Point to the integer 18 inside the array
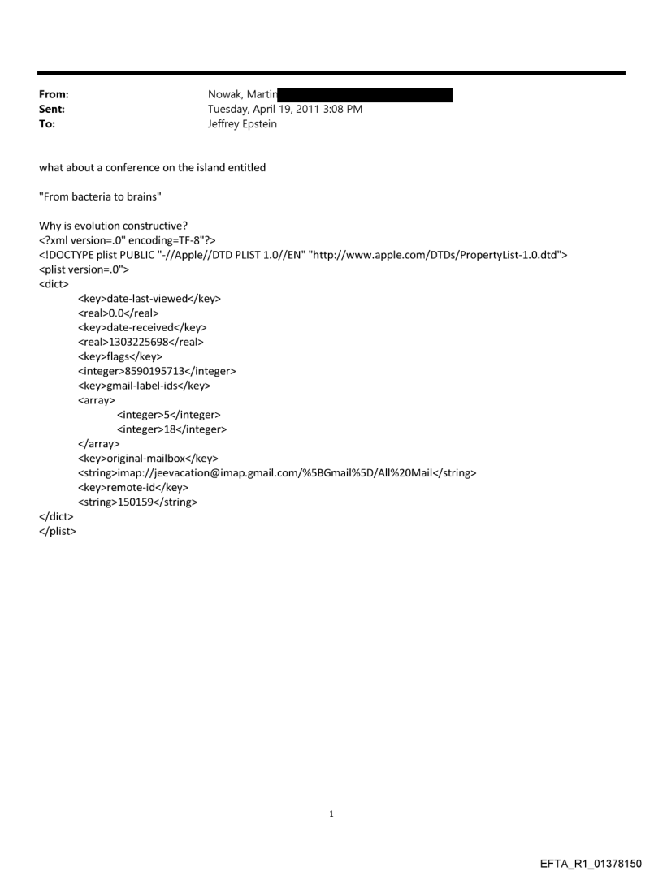pos(172,429)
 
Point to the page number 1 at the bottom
pos(331,813)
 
